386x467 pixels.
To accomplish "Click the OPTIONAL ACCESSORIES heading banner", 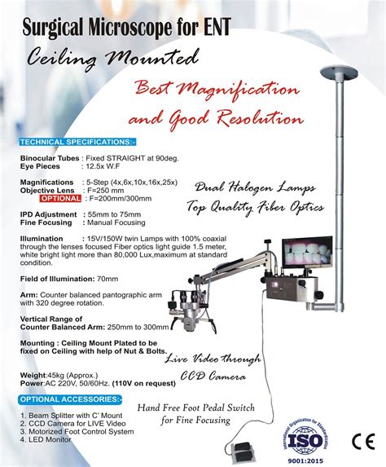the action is click(x=71, y=399).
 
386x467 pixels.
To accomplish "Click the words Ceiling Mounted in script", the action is click(x=114, y=58).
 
